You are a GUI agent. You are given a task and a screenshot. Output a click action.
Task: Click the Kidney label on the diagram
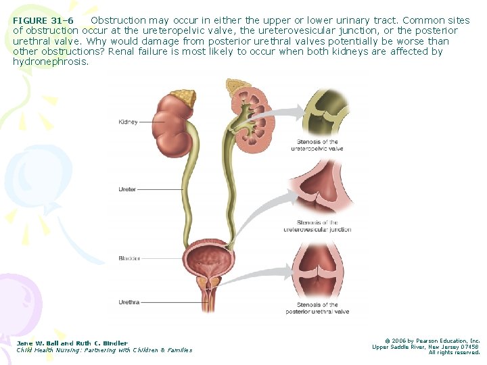[x=128, y=122]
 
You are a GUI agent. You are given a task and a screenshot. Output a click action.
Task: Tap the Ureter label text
[x=127, y=190]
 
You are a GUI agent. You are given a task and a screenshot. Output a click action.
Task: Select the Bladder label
[x=129, y=258]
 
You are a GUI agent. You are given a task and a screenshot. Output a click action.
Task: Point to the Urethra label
[x=129, y=302]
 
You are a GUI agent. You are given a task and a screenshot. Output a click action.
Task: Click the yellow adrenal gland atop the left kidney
[x=184, y=98]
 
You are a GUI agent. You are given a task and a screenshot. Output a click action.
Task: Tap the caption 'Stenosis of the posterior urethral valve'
[x=317, y=309]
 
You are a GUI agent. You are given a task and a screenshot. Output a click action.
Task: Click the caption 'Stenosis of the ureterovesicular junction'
[x=317, y=226]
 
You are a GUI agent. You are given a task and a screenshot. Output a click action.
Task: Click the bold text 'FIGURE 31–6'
[x=43, y=21]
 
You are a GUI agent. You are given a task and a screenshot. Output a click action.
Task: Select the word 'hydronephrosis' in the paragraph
[x=51, y=62]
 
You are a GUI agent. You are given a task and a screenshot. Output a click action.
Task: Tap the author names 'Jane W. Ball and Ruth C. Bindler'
[x=72, y=343]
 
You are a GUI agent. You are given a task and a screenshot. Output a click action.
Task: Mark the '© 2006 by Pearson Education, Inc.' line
[x=432, y=341]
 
